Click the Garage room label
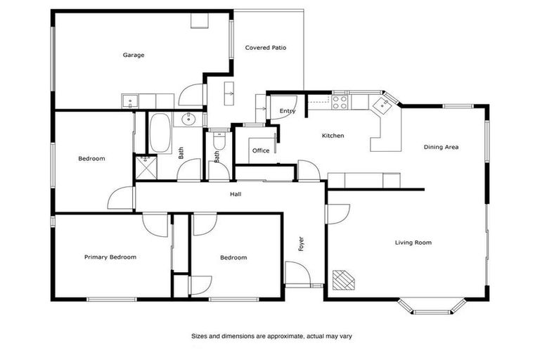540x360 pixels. point(134,55)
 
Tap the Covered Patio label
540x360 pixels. point(265,48)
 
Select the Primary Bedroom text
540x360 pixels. point(110,257)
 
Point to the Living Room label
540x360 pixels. point(413,243)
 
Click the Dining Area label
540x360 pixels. point(441,147)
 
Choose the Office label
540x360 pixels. point(260,150)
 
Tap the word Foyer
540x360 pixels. point(302,243)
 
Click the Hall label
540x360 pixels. point(236,194)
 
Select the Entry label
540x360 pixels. point(287,111)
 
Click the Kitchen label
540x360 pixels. point(333,136)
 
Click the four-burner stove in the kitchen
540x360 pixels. point(340,102)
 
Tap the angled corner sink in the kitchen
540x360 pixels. point(383,105)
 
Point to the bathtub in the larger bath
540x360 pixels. point(160,133)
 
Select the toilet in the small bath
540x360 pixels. point(218,143)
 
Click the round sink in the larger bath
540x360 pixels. point(188,119)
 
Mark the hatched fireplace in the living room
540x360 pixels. point(344,280)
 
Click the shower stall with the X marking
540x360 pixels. point(146,165)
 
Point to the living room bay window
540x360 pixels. point(432,306)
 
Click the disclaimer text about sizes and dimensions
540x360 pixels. point(271,336)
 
